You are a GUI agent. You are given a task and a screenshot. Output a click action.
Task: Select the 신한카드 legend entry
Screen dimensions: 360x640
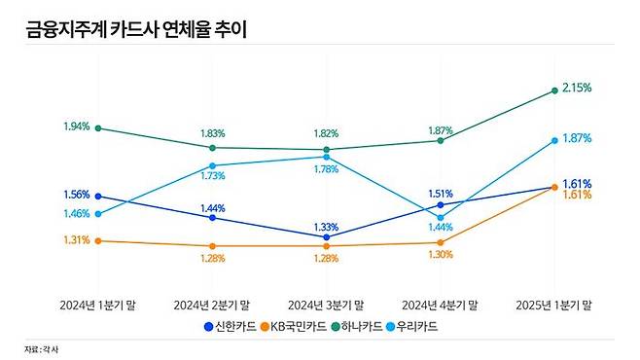(x=231, y=327)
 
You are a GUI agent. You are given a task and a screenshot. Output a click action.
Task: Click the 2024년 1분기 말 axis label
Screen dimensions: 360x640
(x=97, y=305)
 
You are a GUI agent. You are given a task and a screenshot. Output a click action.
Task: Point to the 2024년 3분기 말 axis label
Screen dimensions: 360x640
(x=326, y=305)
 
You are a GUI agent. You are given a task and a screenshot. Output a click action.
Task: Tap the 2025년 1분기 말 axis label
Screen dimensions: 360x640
(x=554, y=305)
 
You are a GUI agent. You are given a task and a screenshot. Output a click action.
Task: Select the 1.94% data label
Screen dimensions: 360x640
(x=76, y=126)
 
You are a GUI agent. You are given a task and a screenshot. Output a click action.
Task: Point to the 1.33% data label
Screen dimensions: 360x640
(x=326, y=227)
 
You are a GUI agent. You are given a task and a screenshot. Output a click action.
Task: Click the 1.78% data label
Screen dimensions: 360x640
(x=326, y=169)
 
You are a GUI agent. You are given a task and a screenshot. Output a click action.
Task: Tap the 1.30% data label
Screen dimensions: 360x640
(x=440, y=254)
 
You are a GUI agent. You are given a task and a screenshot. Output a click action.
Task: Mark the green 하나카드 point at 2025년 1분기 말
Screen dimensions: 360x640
(x=554, y=91)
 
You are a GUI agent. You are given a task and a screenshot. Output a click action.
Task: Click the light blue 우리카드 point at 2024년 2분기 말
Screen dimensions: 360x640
(x=212, y=165)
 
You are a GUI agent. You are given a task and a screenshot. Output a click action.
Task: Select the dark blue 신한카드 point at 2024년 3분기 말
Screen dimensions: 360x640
(x=326, y=236)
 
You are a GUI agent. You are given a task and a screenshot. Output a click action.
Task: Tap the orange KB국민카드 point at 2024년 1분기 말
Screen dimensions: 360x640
(x=97, y=239)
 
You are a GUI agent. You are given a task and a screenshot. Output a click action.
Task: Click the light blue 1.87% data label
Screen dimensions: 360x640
(x=578, y=138)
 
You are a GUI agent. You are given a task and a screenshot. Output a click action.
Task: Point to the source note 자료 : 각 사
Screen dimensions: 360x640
(x=40, y=348)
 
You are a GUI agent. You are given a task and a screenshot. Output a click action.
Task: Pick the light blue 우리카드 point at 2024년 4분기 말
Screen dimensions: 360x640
(x=440, y=217)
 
